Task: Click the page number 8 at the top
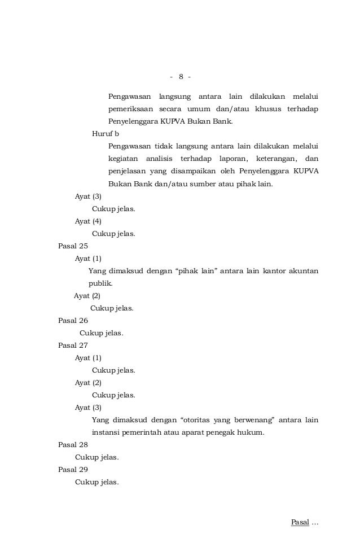coord(181,76)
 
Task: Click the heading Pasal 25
coord(73,246)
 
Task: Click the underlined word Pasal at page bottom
coord(300,522)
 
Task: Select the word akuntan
coord(304,271)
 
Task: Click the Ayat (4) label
coord(88,221)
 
